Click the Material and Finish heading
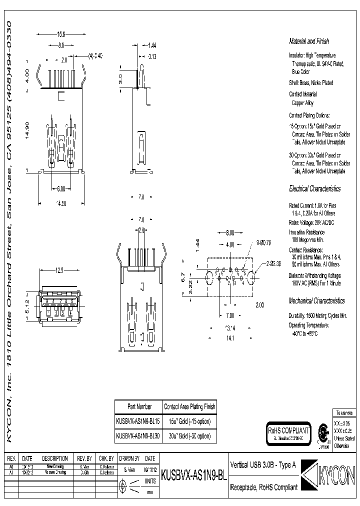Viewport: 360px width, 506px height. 308,41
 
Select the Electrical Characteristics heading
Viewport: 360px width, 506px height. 314,189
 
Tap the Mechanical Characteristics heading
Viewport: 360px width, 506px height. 316,301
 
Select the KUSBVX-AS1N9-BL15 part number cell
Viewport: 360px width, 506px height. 137,421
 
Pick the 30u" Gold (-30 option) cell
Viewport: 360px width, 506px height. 189,435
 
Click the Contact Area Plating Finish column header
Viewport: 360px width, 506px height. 189,406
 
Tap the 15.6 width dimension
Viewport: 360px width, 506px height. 61,34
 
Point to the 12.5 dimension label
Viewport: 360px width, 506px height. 60,270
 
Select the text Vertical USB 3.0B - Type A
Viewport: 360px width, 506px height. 262,464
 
